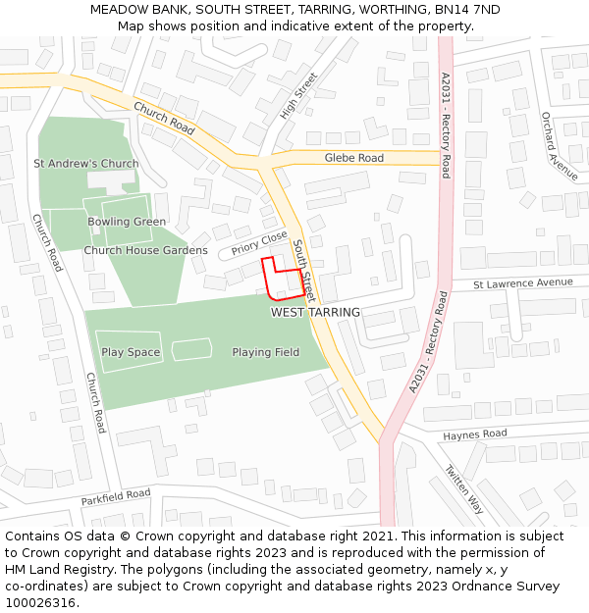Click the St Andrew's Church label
pos(86,164)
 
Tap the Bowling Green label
pos(127,222)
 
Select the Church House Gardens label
pos(145,250)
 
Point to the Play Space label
pos(131,352)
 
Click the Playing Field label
pos(266,352)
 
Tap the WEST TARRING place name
pos(315,312)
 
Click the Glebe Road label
pos(354,158)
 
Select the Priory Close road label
pos(259,243)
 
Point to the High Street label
pos(298,96)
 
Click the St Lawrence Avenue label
pos(522,283)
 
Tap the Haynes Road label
pos(474,434)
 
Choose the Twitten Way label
pos(463,489)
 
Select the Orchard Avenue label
pos(560,146)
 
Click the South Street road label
pos(303,270)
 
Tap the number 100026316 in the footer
pos(38,603)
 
